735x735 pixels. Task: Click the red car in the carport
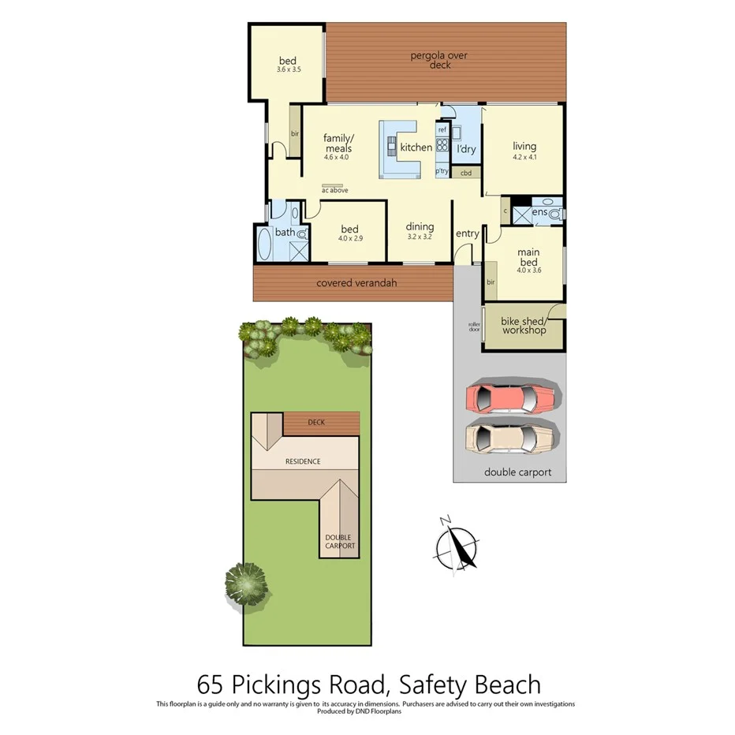513,397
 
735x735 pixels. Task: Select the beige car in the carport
513,436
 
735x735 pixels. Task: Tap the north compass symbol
457,545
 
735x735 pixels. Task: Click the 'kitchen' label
416,147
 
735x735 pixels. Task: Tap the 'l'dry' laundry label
466,147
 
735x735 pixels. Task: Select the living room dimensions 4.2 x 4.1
524,156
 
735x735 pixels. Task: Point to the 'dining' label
420,227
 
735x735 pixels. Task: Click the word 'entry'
467,233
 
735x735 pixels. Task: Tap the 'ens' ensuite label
540,212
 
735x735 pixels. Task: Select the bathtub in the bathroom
263,244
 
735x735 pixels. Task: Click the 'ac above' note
335,190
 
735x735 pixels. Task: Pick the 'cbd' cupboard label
466,173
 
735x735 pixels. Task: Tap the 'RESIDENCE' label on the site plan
304,461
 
